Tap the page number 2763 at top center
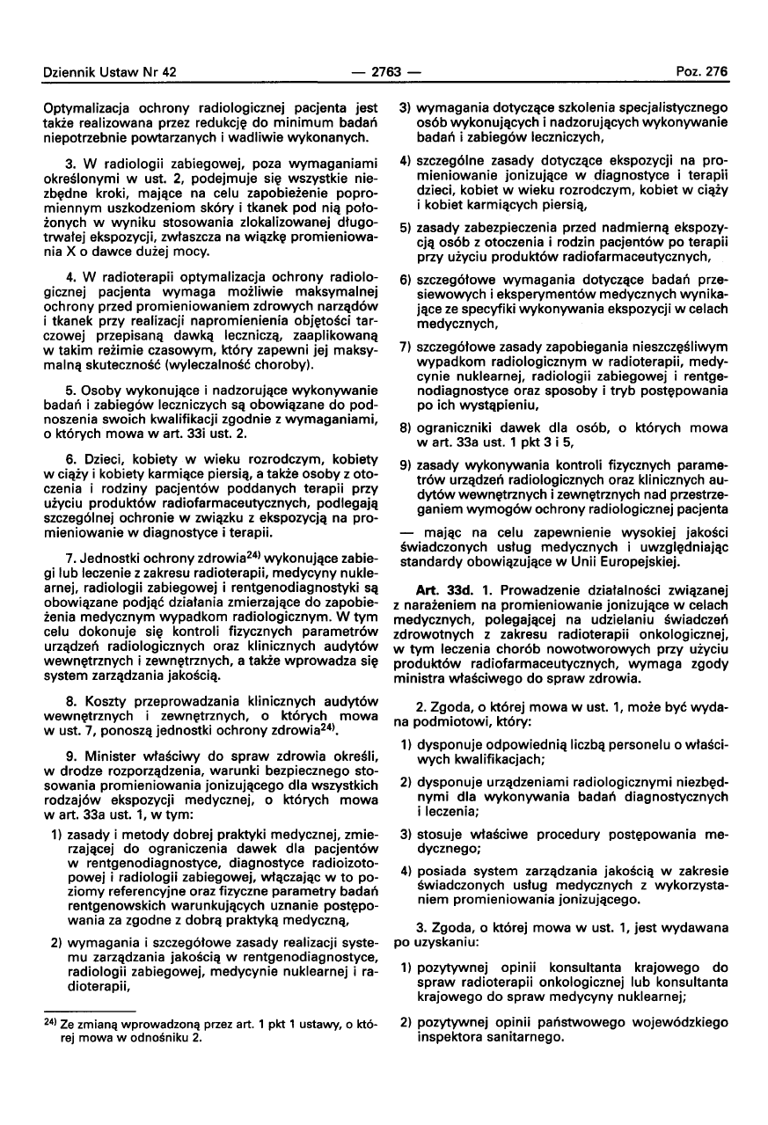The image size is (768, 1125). (x=384, y=74)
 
